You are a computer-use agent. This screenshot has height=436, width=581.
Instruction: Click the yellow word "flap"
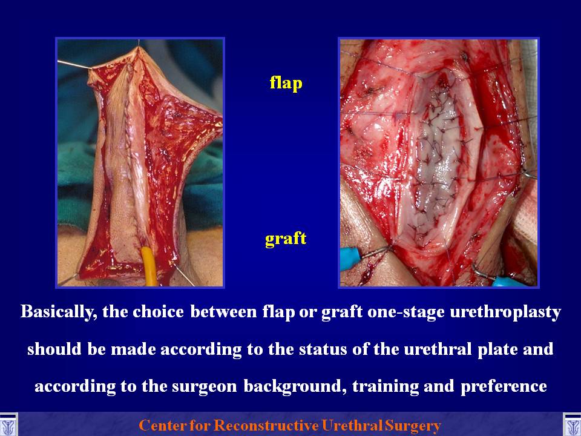[x=286, y=83]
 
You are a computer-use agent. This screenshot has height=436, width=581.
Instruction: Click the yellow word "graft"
[x=286, y=239]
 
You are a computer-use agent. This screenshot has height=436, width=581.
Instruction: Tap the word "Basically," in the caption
[x=59, y=312]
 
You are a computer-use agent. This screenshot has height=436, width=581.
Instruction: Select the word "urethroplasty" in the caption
[x=505, y=312]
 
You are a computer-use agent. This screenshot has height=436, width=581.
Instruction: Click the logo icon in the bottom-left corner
[x=8, y=425]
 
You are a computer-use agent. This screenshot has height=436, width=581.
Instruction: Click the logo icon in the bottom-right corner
[x=572, y=425]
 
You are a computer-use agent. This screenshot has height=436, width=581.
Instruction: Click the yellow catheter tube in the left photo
[x=149, y=266]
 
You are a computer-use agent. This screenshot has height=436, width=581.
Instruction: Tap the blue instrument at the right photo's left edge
[x=353, y=258]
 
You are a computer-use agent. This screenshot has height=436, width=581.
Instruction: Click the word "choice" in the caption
[x=158, y=312]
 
